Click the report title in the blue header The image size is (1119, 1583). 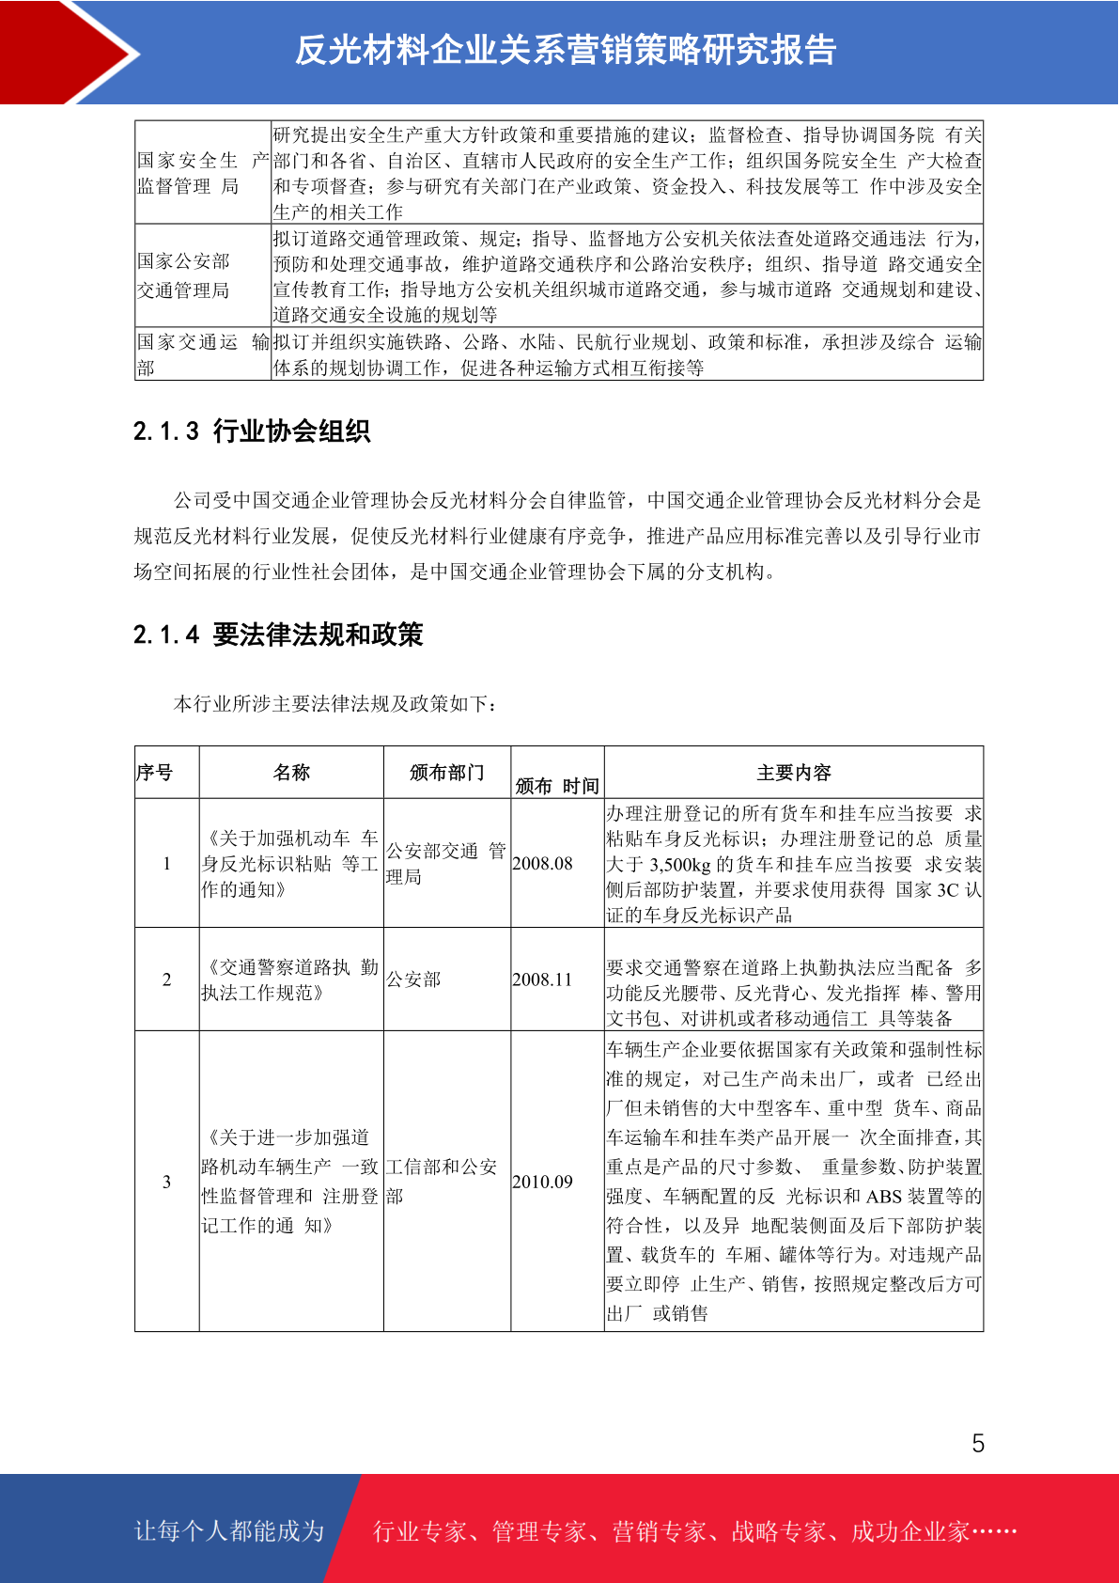pos(566,50)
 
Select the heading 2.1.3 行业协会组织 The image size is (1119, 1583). pos(252,431)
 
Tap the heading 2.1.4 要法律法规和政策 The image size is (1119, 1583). pos(278,635)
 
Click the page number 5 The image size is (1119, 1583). pos(978,1444)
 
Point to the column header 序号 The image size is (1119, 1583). pos(155,773)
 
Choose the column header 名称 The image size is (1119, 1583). pos(291,773)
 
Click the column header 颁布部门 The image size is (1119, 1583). pos(446,773)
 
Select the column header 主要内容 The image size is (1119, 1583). pos(794,773)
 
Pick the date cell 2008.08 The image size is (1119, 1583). pos(542,864)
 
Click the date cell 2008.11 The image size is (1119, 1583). pos(542,980)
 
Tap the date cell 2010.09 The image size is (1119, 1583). pos(542,1182)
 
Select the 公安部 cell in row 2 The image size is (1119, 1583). pos(413,980)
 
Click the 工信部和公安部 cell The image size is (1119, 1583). pos(441,1182)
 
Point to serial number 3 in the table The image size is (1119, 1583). pos(167,1182)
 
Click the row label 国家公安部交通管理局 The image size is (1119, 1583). pos(183,275)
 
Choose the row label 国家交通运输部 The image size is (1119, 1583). pos(202,354)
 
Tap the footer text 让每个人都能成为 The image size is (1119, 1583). pos(229,1531)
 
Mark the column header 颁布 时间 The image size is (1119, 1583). pos(557,786)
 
